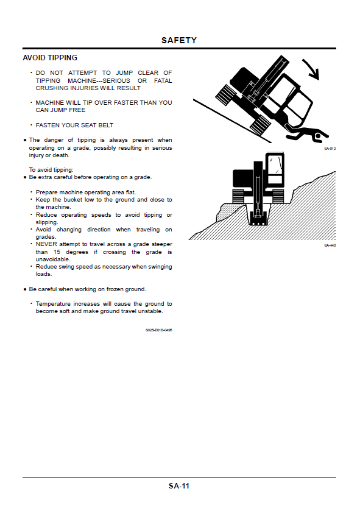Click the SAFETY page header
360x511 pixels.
[179, 40]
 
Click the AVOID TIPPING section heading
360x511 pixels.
[50, 58]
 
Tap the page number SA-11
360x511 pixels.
[179, 486]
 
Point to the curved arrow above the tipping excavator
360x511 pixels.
[312, 69]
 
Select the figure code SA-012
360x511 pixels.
[330, 149]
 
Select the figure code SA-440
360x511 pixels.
[330, 245]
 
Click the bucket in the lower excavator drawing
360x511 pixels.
[258, 219]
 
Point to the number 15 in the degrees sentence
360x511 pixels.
[57, 252]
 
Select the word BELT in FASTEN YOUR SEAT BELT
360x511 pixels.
[106, 125]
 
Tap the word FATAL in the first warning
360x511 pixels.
[163, 80]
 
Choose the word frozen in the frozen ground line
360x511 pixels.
[115, 289]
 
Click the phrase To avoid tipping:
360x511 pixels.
[51, 170]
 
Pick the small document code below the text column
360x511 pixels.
[158, 330]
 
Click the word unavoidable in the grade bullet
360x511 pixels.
[53, 259]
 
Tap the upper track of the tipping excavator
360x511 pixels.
[225, 94]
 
